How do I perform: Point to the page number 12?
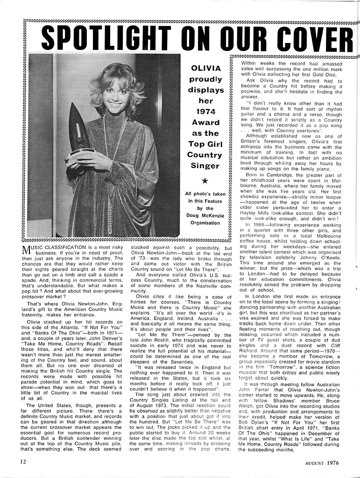pos(23,462)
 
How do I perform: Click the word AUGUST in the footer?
pos(307,463)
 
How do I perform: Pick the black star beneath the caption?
pos(206,180)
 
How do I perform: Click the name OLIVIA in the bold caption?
pos(206,68)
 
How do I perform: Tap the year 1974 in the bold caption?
pos(206,112)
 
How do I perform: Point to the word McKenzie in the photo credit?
pos(213,215)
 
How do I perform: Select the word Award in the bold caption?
pos(206,122)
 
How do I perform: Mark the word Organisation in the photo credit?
pos(206,223)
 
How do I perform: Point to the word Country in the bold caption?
pos(206,155)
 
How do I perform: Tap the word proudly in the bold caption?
pos(206,79)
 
